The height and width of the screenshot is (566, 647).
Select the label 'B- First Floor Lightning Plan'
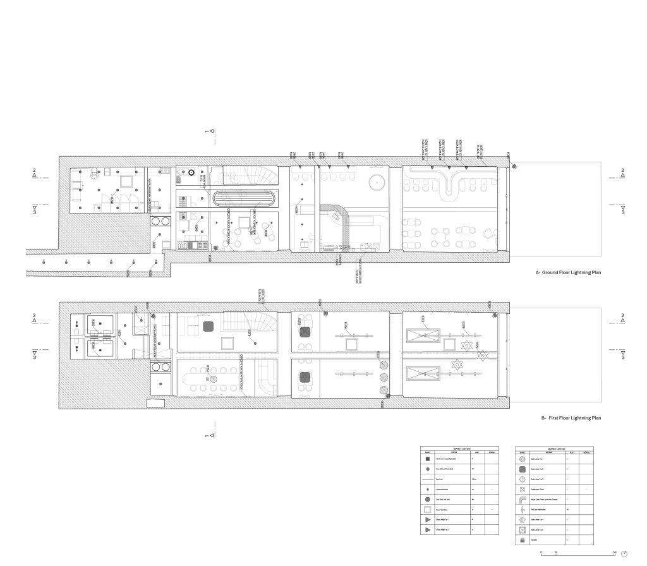(x=571, y=418)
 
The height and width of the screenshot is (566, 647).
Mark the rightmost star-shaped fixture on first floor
(x=483, y=356)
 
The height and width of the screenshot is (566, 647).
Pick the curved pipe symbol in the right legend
(x=523, y=499)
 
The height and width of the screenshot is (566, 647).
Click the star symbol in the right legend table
(x=523, y=519)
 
